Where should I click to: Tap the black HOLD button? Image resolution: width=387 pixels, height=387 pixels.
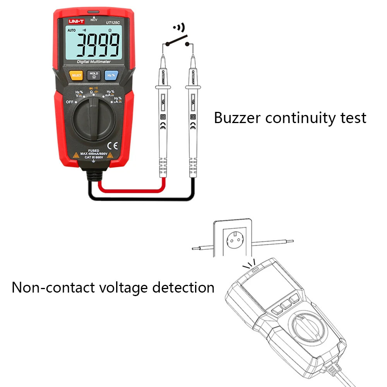tap(94, 75)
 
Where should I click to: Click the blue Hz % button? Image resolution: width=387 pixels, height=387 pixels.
tap(111, 75)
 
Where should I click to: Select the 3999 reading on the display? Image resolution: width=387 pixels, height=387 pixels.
tap(97, 45)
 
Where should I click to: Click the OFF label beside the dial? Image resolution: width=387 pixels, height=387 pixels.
tap(70, 102)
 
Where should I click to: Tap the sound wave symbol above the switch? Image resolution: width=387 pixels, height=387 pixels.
tap(179, 28)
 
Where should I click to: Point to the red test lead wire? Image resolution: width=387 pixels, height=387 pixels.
tap(128, 189)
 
